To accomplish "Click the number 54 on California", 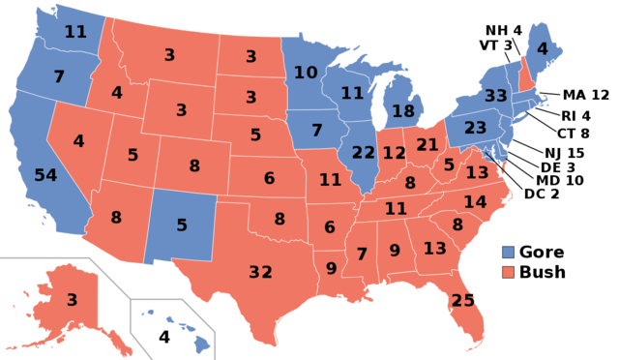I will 45,175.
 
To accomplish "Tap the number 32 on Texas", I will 260,272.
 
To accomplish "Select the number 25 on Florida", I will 463,301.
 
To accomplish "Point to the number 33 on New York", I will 496,97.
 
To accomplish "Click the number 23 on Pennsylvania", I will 475,127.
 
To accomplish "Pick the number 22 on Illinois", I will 364,152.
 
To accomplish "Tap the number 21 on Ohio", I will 427,145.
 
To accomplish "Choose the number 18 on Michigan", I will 402,111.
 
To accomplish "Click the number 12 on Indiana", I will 394,153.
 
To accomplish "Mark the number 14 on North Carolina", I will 475,202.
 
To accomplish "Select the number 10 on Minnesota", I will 306,73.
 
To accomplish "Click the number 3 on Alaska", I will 72,300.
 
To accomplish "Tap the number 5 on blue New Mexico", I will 181,225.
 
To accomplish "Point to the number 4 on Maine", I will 543,48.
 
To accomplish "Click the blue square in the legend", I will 509,252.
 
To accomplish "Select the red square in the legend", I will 509,272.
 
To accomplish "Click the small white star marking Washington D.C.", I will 486,153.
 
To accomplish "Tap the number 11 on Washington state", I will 75,32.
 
